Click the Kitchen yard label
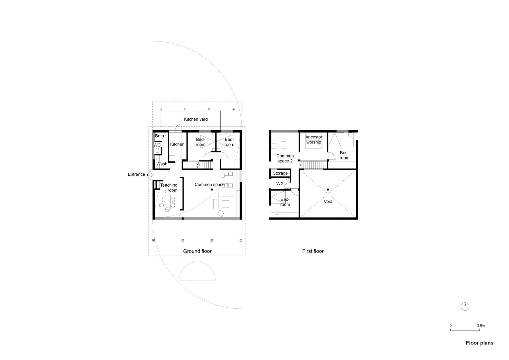[196, 119]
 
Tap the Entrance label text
[136, 174]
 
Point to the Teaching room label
[169, 188]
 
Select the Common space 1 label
[211, 185]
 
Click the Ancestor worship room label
[313, 140]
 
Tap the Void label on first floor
[328, 202]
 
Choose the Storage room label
[280, 173]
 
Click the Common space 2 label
[285, 158]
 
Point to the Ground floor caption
[197, 251]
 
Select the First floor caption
[313, 251]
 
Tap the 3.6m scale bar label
[481, 326]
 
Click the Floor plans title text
[480, 343]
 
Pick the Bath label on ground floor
[159, 136]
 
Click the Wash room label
[162, 164]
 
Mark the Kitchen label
[177, 144]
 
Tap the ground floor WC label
[157, 145]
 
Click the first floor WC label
[280, 184]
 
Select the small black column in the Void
[328, 190]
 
